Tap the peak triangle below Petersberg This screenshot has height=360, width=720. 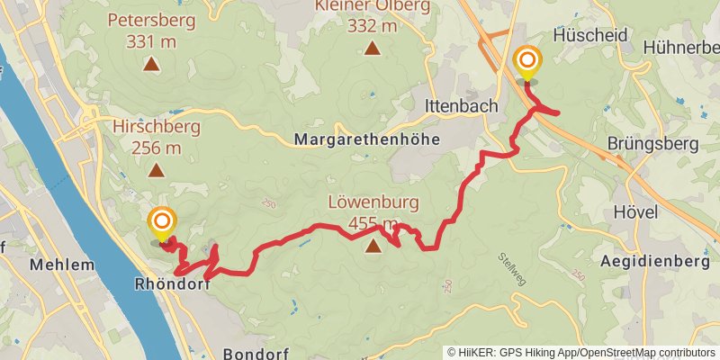point(151,64)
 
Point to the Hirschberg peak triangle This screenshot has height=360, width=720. point(156,169)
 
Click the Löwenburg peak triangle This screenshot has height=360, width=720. point(373,241)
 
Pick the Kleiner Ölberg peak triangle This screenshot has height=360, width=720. point(373,48)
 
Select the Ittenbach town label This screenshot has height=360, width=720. point(461,106)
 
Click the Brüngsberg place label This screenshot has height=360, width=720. point(653,144)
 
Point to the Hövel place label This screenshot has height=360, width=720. point(634,211)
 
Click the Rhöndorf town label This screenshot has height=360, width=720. point(171,283)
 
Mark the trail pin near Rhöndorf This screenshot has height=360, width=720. point(162,224)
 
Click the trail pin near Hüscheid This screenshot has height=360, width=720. point(527,65)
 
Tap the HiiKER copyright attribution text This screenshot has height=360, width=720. point(581,353)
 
